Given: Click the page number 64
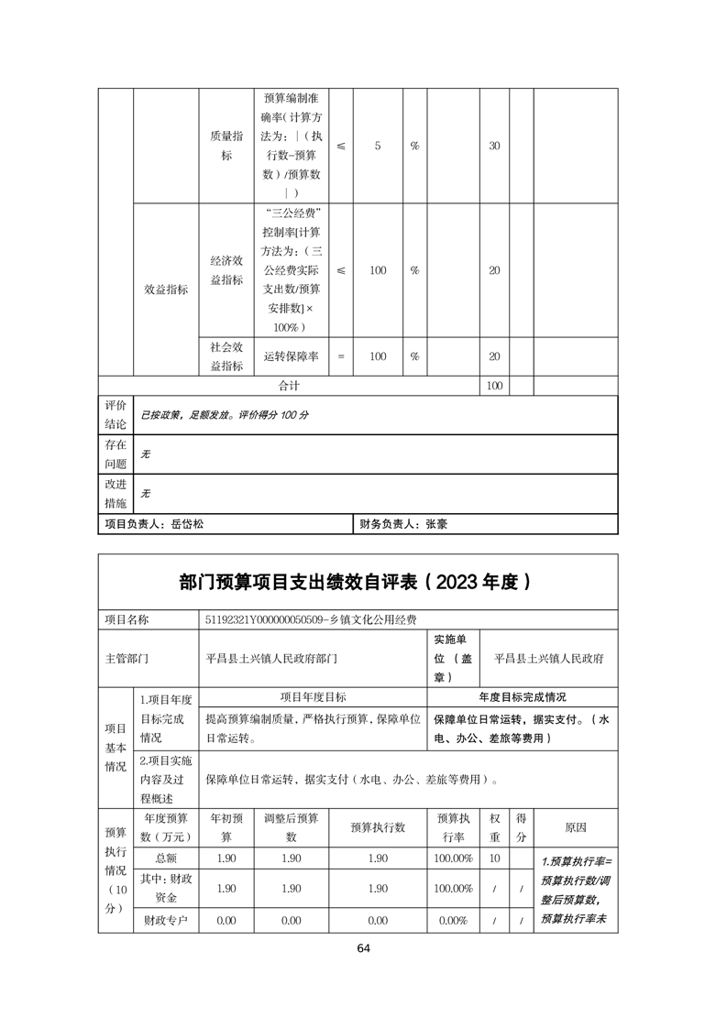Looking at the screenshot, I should click(364, 947).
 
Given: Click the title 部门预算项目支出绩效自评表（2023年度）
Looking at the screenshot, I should click(357, 582).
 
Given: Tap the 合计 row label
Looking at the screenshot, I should click(289, 387).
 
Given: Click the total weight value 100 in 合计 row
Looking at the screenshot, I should click(494, 387).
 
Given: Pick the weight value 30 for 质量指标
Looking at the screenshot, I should click(494, 147).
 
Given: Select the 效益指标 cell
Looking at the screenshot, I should click(166, 290).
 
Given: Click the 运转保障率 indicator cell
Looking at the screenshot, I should click(291, 356).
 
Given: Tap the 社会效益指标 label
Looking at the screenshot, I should click(226, 356).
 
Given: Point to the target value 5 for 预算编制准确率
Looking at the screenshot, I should click(378, 147).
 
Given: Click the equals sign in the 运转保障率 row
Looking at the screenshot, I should click(341, 356).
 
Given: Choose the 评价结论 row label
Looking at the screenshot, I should click(116, 414).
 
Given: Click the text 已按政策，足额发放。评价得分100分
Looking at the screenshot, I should click(224, 415).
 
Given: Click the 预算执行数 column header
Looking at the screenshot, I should click(378, 827).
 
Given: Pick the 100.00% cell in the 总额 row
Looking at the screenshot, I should click(454, 858).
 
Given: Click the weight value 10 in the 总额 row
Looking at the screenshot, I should click(495, 858).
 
